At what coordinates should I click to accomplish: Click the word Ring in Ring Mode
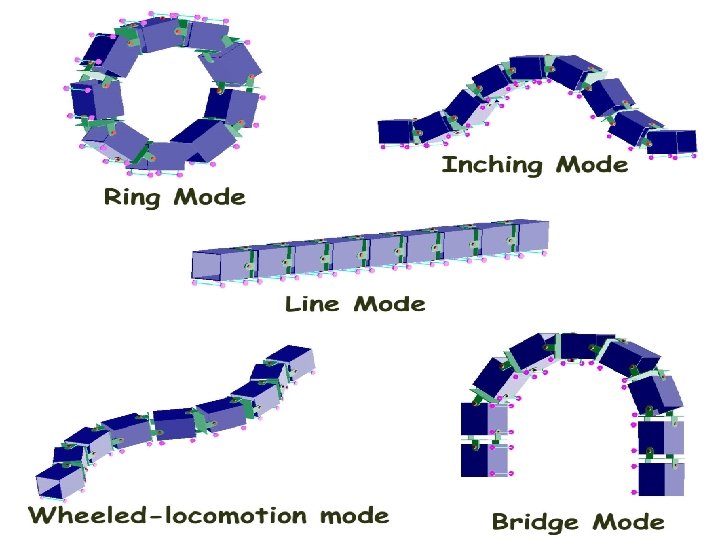pyautogui.click(x=134, y=197)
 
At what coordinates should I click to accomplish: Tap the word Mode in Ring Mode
pyautogui.click(x=209, y=197)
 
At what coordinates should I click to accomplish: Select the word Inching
pyautogui.click(x=493, y=165)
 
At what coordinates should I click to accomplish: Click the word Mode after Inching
pyautogui.click(x=592, y=164)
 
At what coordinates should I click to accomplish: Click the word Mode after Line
pyautogui.click(x=390, y=303)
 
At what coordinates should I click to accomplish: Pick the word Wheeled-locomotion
pyautogui.click(x=166, y=516)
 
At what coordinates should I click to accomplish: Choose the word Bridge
pyautogui.click(x=535, y=522)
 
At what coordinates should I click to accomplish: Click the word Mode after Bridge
pyautogui.click(x=628, y=522)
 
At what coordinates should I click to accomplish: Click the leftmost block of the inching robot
pyautogui.click(x=395, y=132)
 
